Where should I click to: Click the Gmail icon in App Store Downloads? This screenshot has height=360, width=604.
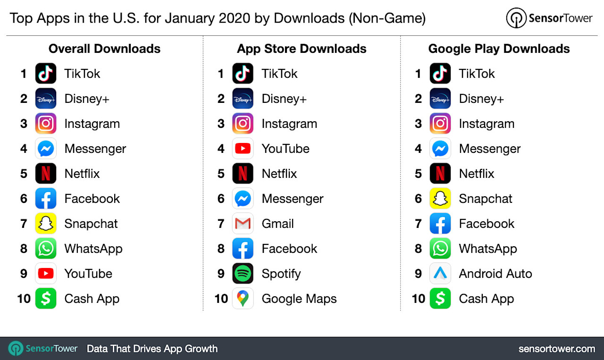tap(243, 224)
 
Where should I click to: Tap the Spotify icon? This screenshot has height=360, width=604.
tap(243, 274)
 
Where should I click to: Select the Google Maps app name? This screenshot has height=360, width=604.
tap(299, 299)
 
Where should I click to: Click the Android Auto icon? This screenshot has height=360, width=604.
tap(440, 274)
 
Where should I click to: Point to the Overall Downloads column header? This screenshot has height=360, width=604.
tap(104, 49)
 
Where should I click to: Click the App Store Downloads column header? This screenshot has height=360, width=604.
tap(302, 49)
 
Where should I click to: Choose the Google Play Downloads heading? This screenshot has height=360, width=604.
tap(499, 49)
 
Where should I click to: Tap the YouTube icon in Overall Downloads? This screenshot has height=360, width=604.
tap(46, 274)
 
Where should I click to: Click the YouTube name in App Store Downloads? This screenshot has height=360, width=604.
tap(285, 149)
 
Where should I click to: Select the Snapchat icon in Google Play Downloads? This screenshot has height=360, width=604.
tap(440, 199)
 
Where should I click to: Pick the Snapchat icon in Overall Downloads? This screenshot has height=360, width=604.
tap(46, 224)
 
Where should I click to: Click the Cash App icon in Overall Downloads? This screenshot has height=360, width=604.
tap(46, 299)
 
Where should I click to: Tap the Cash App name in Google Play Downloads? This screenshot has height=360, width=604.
tap(486, 299)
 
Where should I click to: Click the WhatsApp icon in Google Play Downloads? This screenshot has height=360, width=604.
tap(440, 249)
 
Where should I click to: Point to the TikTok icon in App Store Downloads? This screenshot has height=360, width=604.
tap(243, 74)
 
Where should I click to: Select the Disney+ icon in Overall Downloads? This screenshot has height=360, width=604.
tap(46, 99)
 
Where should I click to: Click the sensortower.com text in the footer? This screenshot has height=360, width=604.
tap(556, 349)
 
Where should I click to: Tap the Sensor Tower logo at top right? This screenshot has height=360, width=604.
tap(549, 18)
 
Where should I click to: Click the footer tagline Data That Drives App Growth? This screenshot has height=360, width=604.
tap(152, 349)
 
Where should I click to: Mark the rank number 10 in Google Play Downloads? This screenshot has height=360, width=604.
tap(418, 299)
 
